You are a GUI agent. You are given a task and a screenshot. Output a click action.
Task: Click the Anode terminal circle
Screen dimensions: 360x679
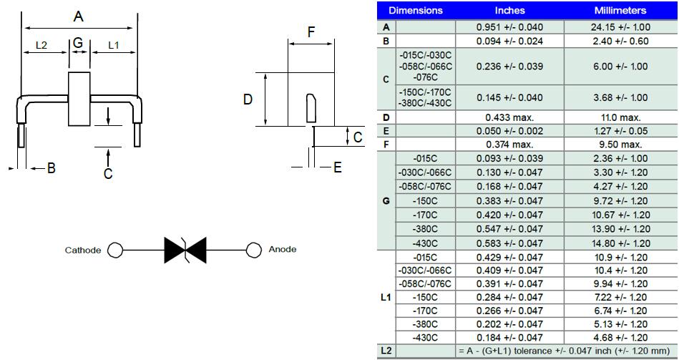point(253,250)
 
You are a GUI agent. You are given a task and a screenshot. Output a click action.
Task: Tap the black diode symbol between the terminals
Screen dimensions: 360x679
point(185,250)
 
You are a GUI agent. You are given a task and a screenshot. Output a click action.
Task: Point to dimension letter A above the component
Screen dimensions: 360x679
point(78,15)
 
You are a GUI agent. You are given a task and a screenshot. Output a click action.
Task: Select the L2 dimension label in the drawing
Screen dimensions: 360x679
point(41,46)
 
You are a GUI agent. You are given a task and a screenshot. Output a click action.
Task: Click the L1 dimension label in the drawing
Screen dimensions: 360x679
point(114,46)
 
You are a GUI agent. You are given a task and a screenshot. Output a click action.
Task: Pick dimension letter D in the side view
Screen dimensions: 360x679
point(248,99)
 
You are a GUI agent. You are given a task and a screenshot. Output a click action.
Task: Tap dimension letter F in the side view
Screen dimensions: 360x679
point(311,32)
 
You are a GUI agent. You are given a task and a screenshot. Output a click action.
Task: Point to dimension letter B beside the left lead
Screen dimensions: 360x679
point(51,168)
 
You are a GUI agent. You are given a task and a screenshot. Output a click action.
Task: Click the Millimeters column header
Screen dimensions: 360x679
point(620,11)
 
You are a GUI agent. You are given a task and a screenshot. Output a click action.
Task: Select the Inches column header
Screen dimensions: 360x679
point(509,11)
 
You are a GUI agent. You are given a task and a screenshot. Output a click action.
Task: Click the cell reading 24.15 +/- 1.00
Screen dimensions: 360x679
point(620,27)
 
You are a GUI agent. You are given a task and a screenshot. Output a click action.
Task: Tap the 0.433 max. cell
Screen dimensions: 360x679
point(509,117)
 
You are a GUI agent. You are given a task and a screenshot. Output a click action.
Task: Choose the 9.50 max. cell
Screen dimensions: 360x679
point(620,145)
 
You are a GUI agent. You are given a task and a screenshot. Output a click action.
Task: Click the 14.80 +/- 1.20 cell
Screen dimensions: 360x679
point(620,243)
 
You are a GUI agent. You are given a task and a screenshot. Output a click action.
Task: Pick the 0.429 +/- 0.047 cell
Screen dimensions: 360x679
point(509,257)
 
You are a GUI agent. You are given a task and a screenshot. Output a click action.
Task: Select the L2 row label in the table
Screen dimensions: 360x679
point(386,351)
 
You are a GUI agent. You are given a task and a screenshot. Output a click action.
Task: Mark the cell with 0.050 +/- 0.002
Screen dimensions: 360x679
point(509,131)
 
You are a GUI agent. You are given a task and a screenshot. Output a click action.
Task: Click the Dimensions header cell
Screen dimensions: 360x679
point(416,11)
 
